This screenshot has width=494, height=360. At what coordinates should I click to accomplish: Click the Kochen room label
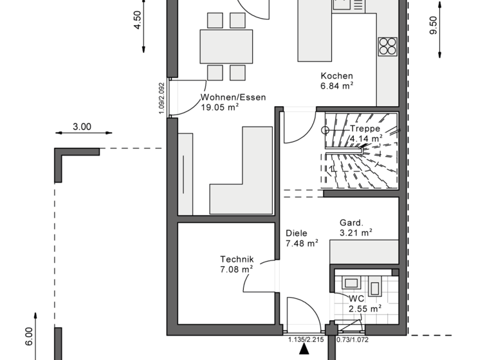(337, 75)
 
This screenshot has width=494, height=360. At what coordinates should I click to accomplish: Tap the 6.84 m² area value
(338, 85)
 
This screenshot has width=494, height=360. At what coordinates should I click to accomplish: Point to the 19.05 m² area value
(220, 108)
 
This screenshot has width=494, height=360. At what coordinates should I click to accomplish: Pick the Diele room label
(297, 233)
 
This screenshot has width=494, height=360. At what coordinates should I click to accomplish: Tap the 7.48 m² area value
(302, 244)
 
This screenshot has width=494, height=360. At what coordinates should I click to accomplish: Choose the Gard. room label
(352, 223)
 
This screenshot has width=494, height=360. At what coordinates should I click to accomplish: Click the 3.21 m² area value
(356, 233)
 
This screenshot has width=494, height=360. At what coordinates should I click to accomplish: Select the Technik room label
(236, 259)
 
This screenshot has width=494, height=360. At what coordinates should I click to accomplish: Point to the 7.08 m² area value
(236, 269)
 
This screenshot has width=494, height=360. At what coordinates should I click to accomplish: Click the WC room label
(356, 299)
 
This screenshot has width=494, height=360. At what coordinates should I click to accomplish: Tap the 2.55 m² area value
(365, 309)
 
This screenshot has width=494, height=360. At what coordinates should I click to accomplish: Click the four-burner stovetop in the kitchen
(388, 46)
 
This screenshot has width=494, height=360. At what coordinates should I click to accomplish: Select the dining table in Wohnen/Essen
(226, 46)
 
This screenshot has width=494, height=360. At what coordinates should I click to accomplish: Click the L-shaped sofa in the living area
(241, 186)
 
